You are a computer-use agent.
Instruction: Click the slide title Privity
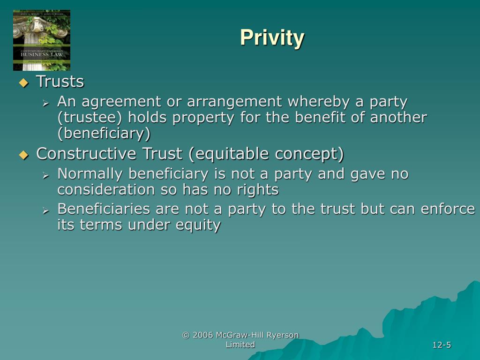pos(272,37)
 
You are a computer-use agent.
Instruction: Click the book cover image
pos(42,40)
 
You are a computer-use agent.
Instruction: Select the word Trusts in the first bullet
pos(60,82)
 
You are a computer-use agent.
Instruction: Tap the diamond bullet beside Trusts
pos(23,83)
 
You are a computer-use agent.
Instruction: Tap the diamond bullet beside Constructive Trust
pos(23,155)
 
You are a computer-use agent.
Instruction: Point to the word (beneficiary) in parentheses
pos(104,134)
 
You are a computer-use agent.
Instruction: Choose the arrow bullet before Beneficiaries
pos(46,210)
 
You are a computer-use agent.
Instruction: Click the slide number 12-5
pos(442,345)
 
